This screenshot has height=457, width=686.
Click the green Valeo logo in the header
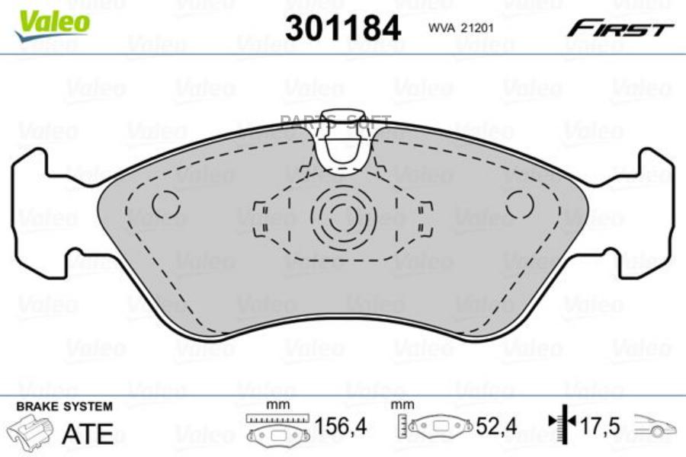coord(53,24)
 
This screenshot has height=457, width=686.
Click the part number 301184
coord(343,28)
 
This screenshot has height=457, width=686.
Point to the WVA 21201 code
coord(460,28)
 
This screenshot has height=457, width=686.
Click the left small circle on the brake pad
coord(166,205)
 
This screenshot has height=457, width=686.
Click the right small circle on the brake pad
coord(519,205)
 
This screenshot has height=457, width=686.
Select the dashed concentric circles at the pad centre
coord(343,217)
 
